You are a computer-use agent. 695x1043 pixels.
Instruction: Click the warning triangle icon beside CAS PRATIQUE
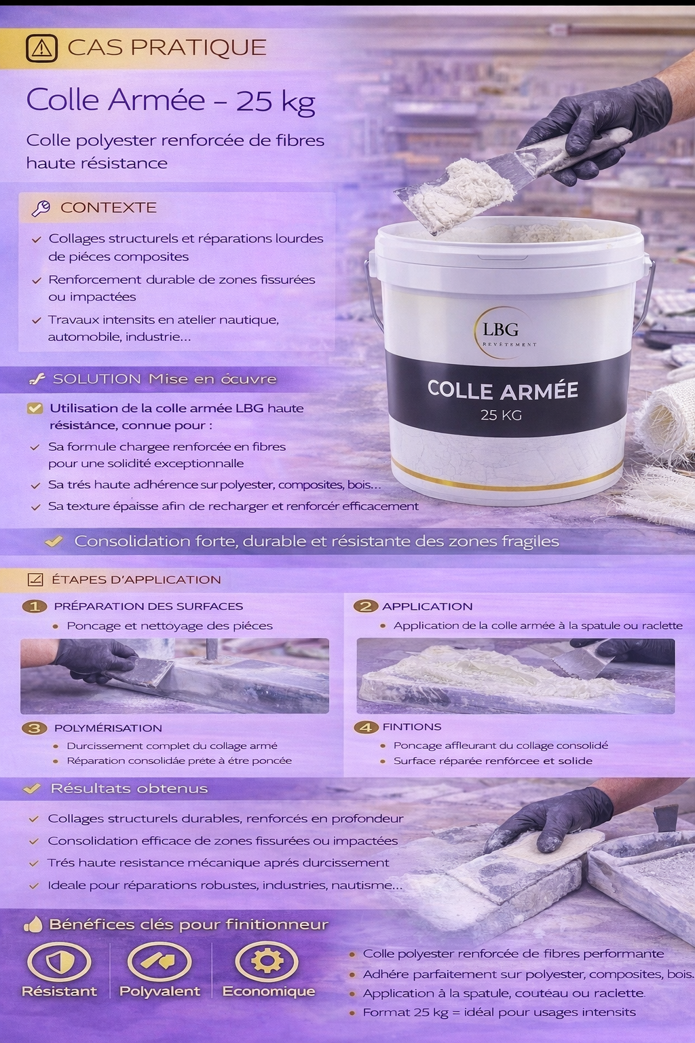pyautogui.click(x=41, y=48)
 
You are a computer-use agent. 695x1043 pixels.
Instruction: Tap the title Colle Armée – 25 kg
pyautogui.click(x=171, y=100)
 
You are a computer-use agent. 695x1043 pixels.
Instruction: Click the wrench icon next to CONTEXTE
pyautogui.click(x=40, y=208)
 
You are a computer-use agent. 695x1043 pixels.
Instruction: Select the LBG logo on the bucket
pyautogui.click(x=502, y=331)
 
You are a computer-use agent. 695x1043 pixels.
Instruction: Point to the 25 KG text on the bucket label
pyautogui.click(x=501, y=415)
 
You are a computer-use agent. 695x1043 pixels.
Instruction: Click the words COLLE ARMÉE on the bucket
pyautogui.click(x=502, y=390)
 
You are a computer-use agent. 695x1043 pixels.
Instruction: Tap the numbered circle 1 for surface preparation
pyautogui.click(x=34, y=606)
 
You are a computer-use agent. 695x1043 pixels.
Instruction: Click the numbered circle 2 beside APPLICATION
pyautogui.click(x=365, y=606)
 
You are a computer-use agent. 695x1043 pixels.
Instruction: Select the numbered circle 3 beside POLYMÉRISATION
pyautogui.click(x=34, y=728)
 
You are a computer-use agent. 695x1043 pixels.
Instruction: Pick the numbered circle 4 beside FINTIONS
pyautogui.click(x=366, y=727)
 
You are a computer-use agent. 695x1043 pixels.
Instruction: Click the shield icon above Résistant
pyautogui.click(x=58, y=962)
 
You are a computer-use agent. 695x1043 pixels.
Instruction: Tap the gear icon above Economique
pyautogui.click(x=267, y=961)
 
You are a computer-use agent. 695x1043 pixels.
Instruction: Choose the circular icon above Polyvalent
pyautogui.click(x=160, y=962)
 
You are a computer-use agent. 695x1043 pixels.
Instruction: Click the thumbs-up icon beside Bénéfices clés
pyautogui.click(x=33, y=924)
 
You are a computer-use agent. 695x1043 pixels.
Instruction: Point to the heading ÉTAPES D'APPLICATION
pyautogui.click(x=136, y=580)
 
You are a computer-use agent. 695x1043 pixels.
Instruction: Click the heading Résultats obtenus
pyautogui.click(x=129, y=789)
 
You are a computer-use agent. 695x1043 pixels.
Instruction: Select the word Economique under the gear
pyautogui.click(x=269, y=991)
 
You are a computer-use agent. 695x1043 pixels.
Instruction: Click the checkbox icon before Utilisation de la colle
pyautogui.click(x=34, y=409)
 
